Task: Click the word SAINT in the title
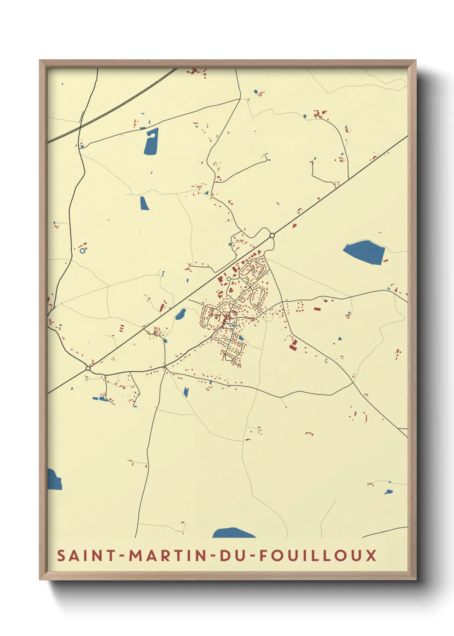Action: tap(86, 555)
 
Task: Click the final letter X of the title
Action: tap(371, 555)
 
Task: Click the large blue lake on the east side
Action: tap(363, 252)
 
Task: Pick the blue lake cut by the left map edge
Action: tap(54, 480)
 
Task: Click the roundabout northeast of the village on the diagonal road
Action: tap(272, 235)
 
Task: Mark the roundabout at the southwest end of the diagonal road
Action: tap(88, 368)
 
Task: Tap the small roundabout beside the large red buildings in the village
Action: tap(229, 279)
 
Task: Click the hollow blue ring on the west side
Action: tap(82, 250)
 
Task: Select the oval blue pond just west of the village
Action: tap(180, 314)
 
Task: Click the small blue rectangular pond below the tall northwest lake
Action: tap(144, 203)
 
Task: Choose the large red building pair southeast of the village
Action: tap(294, 345)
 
